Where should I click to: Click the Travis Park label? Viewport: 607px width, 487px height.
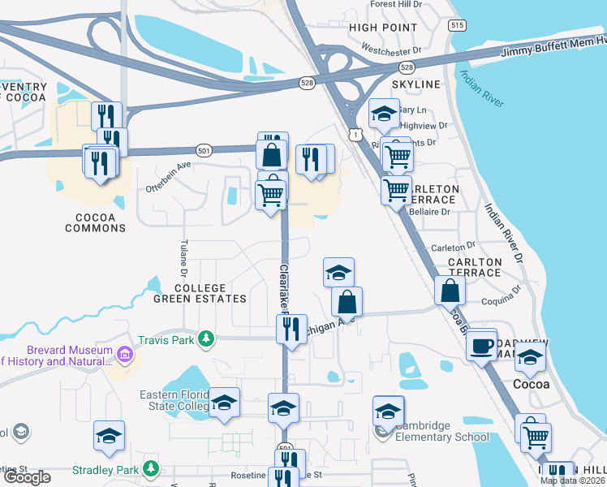coord(166,340)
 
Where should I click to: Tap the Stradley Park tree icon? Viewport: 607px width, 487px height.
coord(149,468)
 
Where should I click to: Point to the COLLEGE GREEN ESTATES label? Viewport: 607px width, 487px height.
coord(199,293)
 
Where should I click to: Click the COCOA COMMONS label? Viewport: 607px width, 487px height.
coord(100,223)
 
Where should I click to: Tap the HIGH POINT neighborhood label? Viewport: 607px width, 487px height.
coord(382,28)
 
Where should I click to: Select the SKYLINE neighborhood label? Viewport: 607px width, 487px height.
coord(416,84)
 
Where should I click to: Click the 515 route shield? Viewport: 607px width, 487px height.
coord(458,26)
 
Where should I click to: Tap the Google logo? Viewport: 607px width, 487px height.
coord(27,477)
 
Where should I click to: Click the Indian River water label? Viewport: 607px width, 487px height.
coord(482,90)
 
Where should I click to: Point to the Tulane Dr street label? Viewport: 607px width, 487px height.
coord(183,256)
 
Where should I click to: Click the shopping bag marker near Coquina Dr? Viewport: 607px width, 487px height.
coord(450,290)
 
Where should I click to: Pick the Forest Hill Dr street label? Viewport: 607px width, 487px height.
coord(397,4)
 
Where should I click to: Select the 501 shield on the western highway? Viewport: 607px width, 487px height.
coord(204,150)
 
